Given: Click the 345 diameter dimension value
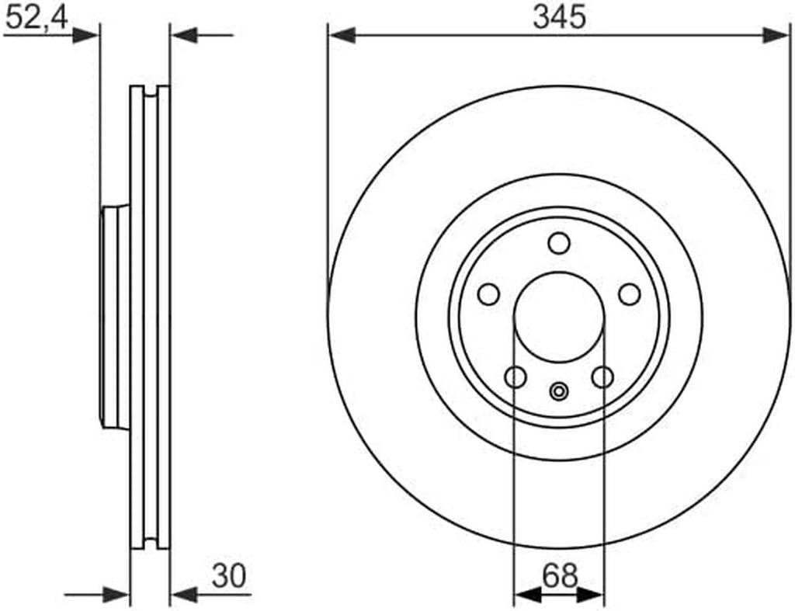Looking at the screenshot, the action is coord(559,17).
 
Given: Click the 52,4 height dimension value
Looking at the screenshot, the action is coord(36,19).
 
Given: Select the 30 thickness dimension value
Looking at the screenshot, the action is coord(229,576).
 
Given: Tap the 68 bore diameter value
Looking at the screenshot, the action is coord(560,575).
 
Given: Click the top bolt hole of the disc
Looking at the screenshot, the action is coord(559,243).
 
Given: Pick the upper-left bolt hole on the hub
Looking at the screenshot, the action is coord(489,294).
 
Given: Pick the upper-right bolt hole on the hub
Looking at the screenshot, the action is coord(630,294).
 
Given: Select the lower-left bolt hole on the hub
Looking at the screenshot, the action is coord(516,377).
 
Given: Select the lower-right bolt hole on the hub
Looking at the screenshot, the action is coord(602,377).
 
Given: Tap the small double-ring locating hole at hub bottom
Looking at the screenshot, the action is coord(559,391).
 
